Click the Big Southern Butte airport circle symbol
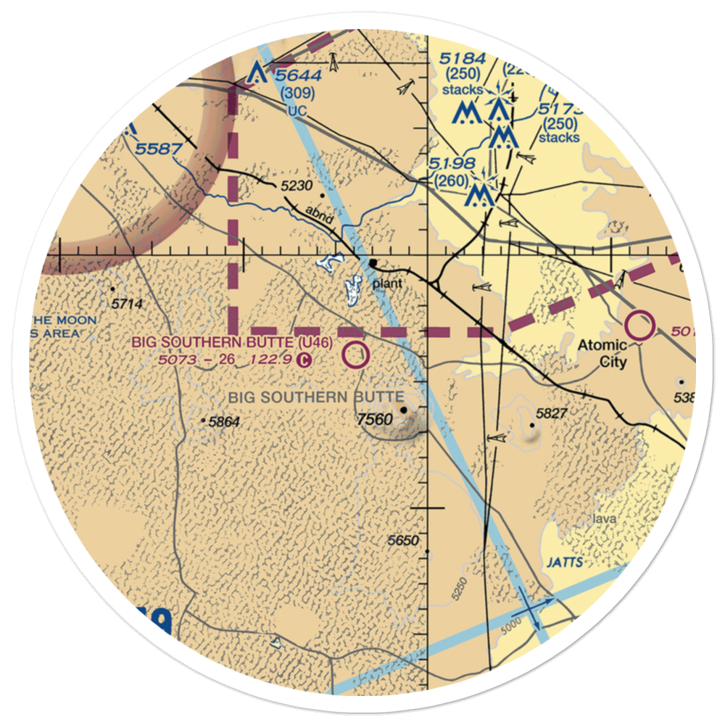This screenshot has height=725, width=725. pyautogui.click(x=355, y=356)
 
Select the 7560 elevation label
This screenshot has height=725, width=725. pyautogui.click(x=374, y=418)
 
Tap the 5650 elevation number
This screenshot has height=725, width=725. pyautogui.click(x=403, y=541)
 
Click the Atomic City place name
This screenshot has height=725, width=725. pyautogui.click(x=602, y=353)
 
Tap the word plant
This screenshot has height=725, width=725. pyautogui.click(x=386, y=283)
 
